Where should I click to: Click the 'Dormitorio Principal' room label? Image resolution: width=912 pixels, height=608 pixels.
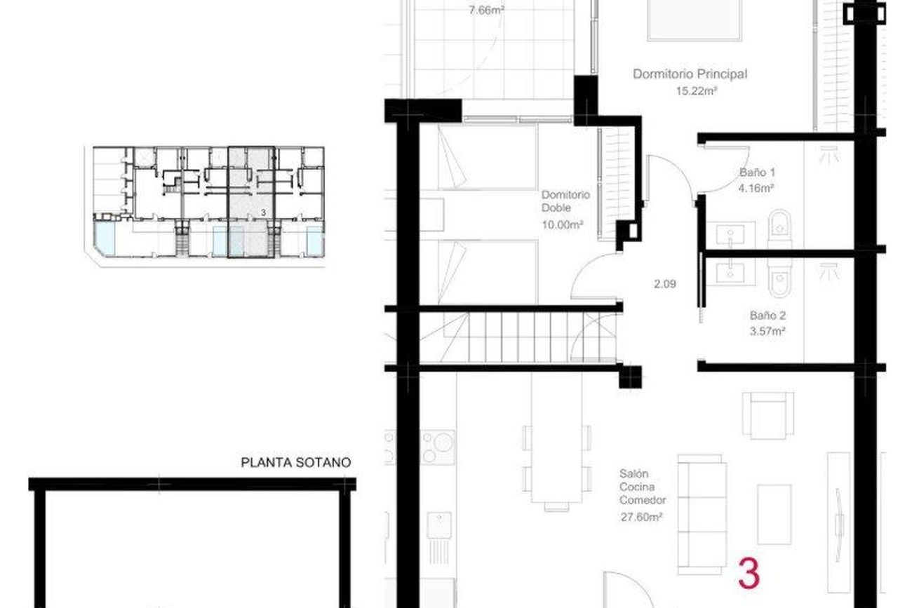[690, 74]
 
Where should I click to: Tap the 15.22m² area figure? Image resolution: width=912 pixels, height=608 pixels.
[696, 91]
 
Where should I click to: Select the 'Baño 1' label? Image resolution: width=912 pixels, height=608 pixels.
[757, 172]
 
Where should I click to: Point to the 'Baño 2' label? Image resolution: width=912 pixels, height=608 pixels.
[767, 315]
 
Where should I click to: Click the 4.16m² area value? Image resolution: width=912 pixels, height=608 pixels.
[756, 188]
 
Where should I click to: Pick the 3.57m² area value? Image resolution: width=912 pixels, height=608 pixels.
[767, 331]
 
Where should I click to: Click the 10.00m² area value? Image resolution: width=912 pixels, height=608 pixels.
[562, 224]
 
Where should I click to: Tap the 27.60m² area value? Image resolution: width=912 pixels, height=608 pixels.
[641, 517]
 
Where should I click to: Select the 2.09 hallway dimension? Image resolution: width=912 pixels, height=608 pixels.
[665, 284]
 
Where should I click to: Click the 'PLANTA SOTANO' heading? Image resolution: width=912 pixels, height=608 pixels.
[295, 463]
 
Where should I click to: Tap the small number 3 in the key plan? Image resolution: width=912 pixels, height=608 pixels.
[263, 212]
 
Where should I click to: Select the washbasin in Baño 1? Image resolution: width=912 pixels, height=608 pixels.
[730, 235]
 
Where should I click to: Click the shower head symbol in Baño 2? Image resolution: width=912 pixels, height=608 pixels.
[829, 271]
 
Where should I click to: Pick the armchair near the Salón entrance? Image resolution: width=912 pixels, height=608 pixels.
[768, 416]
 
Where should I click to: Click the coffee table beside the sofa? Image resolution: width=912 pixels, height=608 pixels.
[774, 515]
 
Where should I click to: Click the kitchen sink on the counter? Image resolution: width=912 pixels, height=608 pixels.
[439, 525]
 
